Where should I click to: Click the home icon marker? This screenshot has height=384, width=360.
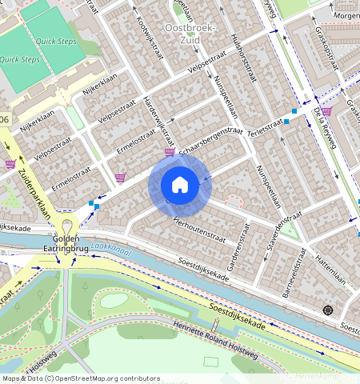180,186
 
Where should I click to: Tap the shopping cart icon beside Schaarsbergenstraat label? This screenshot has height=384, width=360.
170,152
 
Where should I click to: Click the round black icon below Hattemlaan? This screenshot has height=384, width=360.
326,310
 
